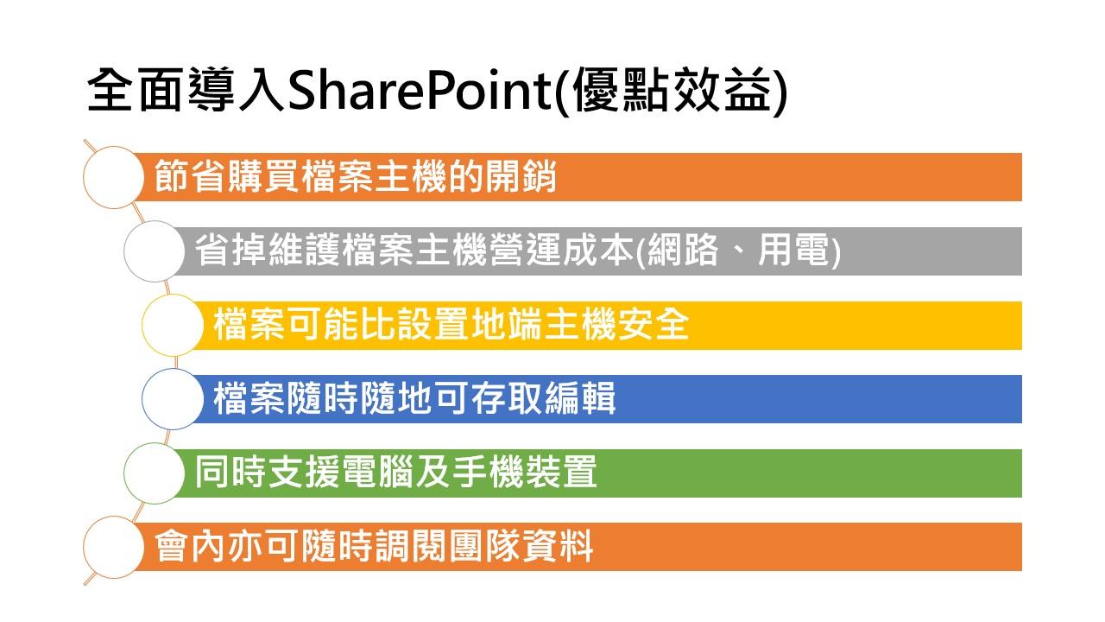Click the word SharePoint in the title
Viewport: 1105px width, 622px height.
click(x=420, y=90)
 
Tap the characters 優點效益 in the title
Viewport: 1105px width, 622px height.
click(x=672, y=90)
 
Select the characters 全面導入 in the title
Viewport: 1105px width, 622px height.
click(x=186, y=90)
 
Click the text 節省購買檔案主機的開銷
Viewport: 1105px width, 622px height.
click(x=355, y=176)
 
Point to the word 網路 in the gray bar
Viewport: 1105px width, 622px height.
click(x=682, y=251)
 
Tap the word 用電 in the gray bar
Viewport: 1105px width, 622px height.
click(x=793, y=251)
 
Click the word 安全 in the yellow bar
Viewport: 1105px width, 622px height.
click(x=653, y=324)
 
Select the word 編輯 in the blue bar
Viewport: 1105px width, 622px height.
click(x=579, y=398)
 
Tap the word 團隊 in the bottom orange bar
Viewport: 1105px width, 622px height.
click(x=484, y=546)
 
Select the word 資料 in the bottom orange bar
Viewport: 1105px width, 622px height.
click(x=558, y=546)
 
